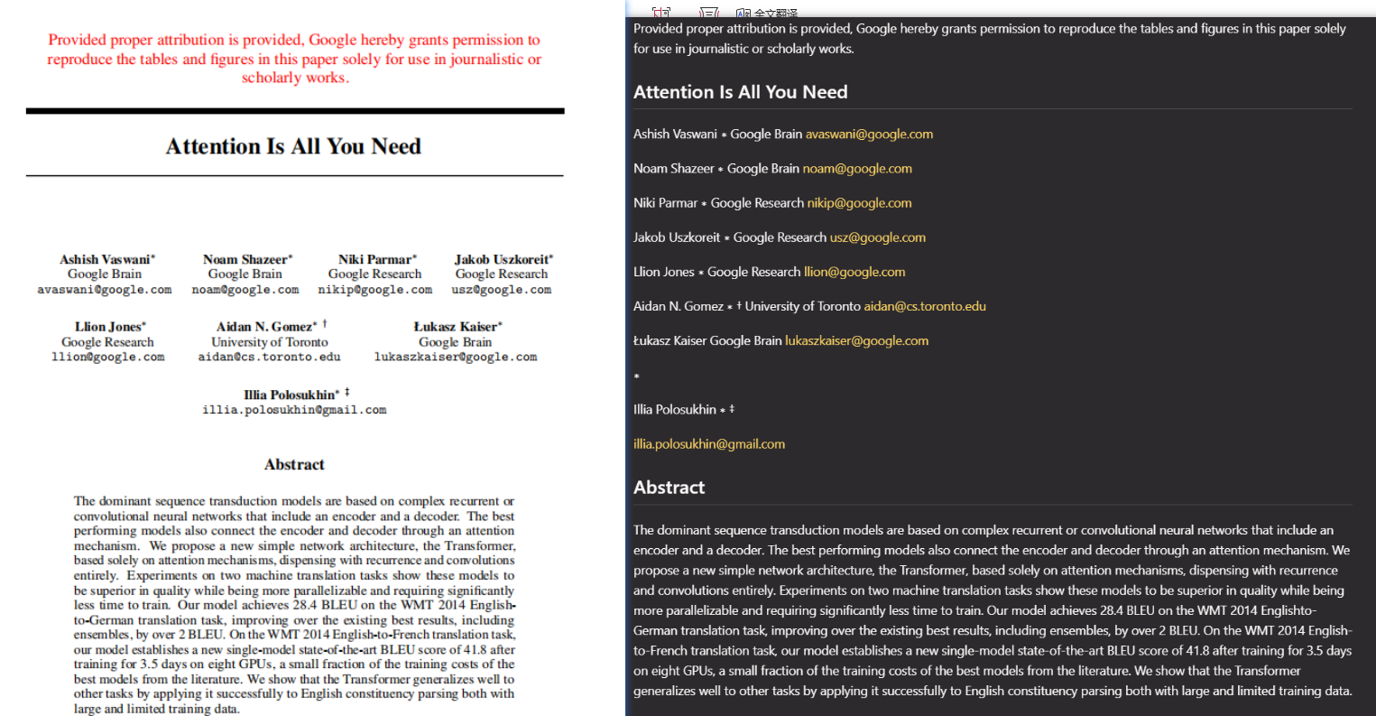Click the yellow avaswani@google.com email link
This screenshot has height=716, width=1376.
[x=869, y=135]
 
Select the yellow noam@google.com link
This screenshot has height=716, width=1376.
[x=857, y=169]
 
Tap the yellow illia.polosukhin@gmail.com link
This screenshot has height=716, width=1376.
[x=709, y=444]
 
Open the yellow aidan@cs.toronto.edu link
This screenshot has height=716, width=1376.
[x=925, y=307]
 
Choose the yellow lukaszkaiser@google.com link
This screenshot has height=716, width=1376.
[x=856, y=341]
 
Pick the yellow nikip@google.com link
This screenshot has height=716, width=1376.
[x=859, y=203]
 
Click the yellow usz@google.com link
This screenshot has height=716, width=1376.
[x=877, y=237]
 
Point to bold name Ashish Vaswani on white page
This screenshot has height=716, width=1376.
[x=106, y=259]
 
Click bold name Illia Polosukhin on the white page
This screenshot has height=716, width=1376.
[x=291, y=395]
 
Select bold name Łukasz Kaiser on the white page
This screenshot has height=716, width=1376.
[x=457, y=327]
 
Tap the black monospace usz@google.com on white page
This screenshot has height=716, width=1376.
[x=502, y=290]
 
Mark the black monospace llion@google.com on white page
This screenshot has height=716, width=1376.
[x=108, y=358]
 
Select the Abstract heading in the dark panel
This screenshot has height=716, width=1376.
[x=669, y=488]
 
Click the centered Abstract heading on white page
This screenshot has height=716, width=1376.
[x=294, y=465]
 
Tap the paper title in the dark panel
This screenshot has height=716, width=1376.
[x=740, y=92]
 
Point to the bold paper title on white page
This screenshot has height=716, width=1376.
[x=293, y=146]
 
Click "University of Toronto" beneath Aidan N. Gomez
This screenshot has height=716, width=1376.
[x=269, y=342]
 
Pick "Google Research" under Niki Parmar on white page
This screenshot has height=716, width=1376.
[x=374, y=274]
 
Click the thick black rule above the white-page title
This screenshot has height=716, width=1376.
[x=295, y=111]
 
